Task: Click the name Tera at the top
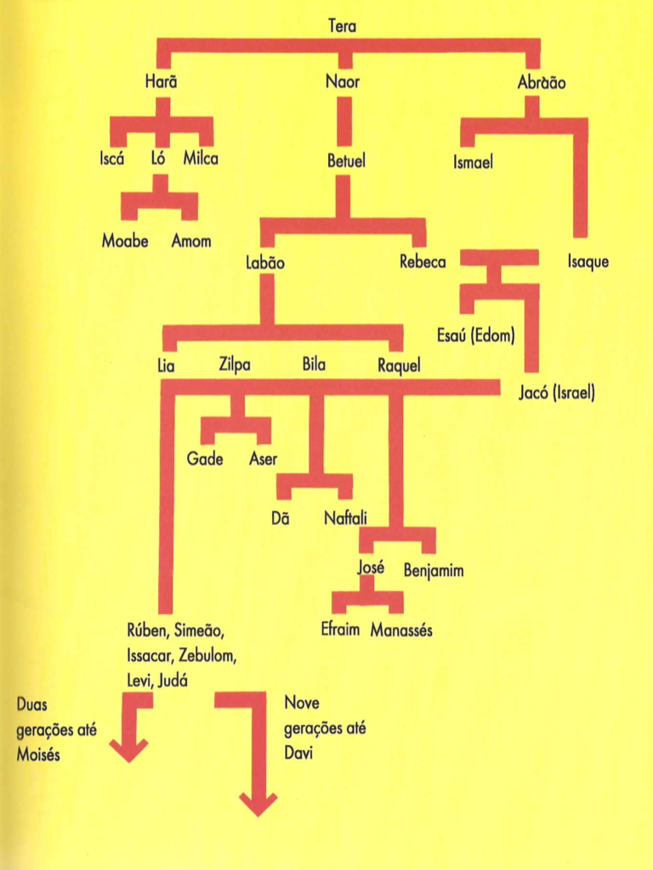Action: [342, 26]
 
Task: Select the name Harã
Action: [162, 82]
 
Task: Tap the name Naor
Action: [343, 82]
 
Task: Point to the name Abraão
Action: [542, 82]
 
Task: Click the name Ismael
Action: [473, 162]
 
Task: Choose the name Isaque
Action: [588, 262]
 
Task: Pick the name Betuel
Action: [346, 161]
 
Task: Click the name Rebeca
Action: [423, 262]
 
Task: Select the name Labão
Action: [265, 263]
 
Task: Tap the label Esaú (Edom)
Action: [476, 335]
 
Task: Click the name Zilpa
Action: [235, 366]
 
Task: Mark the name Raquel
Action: [399, 366]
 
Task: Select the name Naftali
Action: [345, 519]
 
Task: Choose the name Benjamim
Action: [434, 570]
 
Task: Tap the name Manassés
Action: [401, 630]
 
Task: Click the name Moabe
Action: [125, 241]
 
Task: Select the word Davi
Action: [299, 754]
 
